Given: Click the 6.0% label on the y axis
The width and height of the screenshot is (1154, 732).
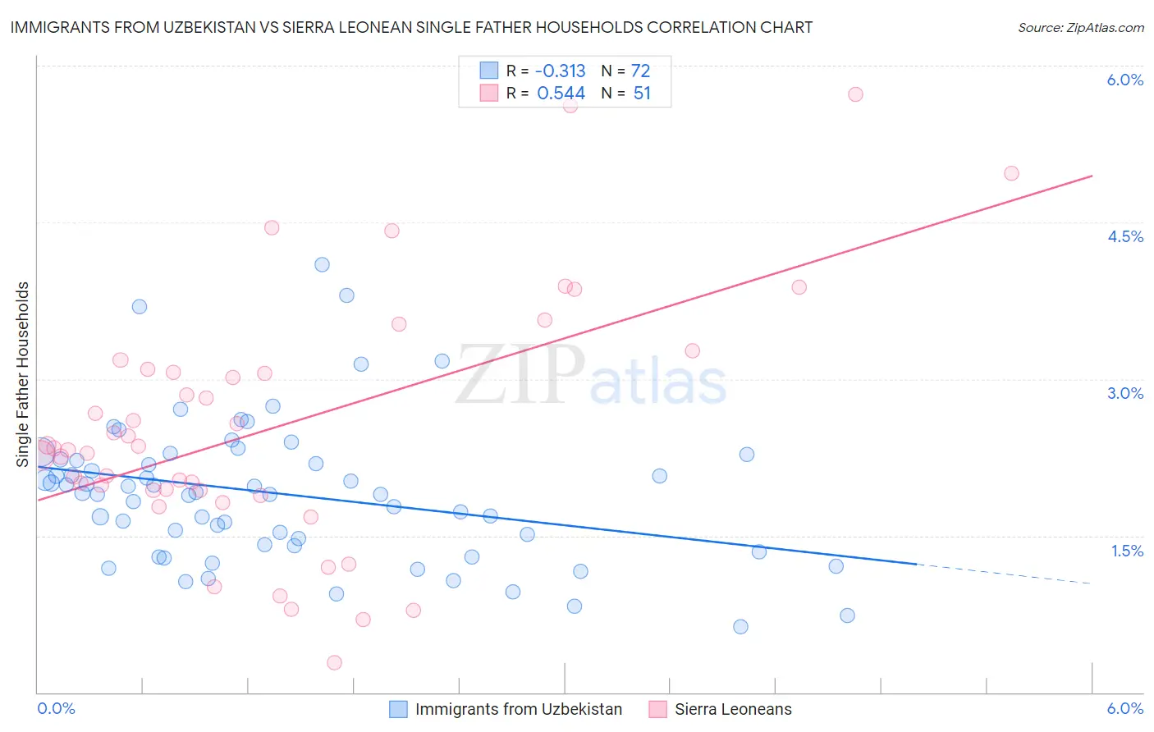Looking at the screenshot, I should coord(1124,80).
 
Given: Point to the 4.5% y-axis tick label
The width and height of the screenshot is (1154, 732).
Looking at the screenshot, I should coord(1124,236).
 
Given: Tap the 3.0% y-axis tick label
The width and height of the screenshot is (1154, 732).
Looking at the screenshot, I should coord(1124,393).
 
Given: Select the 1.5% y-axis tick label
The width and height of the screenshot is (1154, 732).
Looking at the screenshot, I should coord(1127,551).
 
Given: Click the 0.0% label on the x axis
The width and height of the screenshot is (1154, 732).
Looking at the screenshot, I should coord(56,708).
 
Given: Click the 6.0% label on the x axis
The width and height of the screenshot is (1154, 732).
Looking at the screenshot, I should coord(1124,708).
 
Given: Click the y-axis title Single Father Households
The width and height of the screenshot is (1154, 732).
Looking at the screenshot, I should coord(22,374).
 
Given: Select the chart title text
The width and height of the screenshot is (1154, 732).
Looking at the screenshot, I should coord(411,27).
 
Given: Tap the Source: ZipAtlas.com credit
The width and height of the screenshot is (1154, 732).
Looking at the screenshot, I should coord(1080,27).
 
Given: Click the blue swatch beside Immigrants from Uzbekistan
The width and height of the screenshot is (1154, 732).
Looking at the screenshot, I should coord(398,709).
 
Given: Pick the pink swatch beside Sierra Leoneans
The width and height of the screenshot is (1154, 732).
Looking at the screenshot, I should coord(657,709).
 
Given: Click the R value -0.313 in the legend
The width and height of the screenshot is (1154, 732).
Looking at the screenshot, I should coord(561,71).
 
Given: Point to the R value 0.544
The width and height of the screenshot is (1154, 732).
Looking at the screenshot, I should coord(561,94).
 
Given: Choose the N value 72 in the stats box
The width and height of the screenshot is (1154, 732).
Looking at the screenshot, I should coord(640,71).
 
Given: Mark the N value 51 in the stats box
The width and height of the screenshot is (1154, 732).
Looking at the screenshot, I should coord(642,94).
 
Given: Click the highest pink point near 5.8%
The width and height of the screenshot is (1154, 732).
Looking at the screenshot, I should coord(855,94).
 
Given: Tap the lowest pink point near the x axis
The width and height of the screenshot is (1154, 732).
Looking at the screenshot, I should coord(334,662).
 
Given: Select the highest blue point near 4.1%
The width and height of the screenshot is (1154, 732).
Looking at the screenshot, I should coord(322,264).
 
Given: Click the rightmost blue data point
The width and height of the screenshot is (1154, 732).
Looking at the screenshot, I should coord(847,615).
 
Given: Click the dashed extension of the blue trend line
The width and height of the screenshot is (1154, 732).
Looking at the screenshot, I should coord(1001,574).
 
